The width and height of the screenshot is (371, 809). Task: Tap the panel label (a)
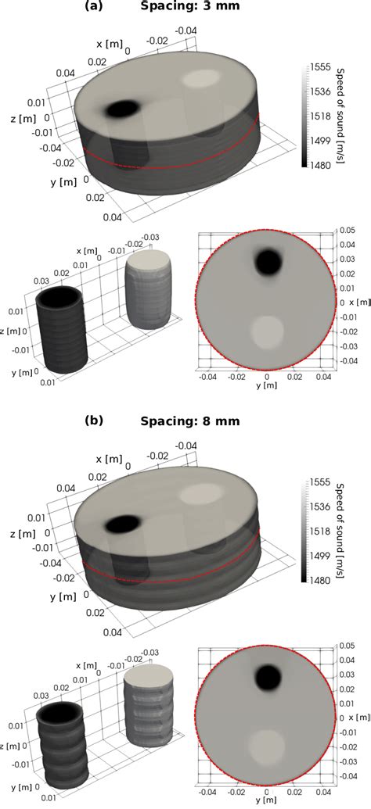(96, 7)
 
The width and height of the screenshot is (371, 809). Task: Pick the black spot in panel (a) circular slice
(268, 262)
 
